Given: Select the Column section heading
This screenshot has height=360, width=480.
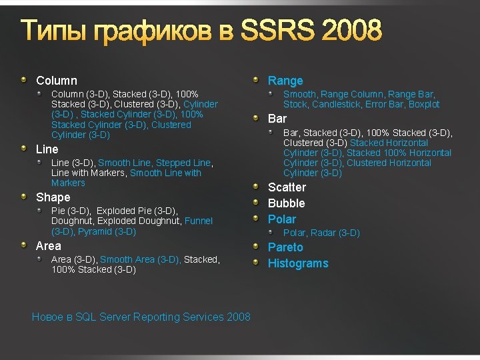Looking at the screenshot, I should (x=57, y=81).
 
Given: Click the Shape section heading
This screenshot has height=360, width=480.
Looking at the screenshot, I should (x=53, y=197).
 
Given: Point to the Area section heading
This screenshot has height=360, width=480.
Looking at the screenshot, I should (x=48, y=246).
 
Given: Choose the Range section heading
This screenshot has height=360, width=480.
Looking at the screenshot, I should (x=285, y=81).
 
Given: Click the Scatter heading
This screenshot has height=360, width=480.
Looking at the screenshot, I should (x=287, y=187).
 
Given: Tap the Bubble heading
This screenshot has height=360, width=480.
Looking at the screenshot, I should (x=286, y=203).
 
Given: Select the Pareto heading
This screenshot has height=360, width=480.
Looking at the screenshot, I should (x=285, y=247).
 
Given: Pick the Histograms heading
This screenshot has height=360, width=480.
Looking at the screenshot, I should (x=298, y=263).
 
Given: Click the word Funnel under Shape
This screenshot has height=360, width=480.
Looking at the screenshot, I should (x=199, y=221).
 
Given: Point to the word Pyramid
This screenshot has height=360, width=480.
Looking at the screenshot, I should (x=95, y=231).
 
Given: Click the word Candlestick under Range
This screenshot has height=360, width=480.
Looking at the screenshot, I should (x=335, y=104).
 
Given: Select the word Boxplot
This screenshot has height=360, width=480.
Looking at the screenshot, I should (x=424, y=104).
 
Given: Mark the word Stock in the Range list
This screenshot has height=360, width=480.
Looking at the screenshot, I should (x=295, y=104).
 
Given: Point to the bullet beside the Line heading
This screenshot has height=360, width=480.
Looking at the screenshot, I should (x=24, y=149).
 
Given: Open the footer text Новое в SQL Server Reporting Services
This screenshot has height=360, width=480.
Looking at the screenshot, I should (x=141, y=317).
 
